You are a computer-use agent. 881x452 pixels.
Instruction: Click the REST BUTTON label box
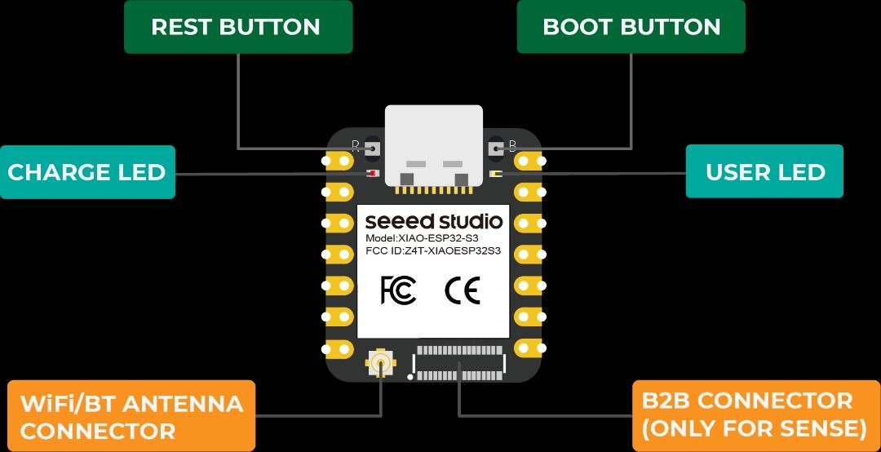tap(237, 27)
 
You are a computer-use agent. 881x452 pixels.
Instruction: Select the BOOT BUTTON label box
tap(631, 27)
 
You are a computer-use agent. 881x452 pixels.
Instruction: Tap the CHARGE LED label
tap(86, 172)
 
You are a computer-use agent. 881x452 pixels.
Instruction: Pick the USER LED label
tap(764, 172)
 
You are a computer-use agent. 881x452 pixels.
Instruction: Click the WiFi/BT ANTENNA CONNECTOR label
tap(131, 416)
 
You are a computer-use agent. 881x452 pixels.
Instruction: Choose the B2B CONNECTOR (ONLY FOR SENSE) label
tap(755, 414)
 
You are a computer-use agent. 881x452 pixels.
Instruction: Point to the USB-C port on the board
tap(433, 147)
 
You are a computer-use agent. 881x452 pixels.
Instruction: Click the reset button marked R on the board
tap(374, 148)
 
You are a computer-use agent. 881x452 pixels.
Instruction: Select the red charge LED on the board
tap(372, 174)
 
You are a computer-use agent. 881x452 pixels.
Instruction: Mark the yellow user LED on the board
tap(495, 174)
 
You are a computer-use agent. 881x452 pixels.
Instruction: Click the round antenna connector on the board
tap(380, 363)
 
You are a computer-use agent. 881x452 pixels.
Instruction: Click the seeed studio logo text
tap(433, 221)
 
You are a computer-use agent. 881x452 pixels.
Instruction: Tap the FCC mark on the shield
tap(399, 290)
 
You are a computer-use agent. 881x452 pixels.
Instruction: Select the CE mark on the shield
tap(462, 290)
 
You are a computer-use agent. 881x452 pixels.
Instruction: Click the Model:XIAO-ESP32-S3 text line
tap(412, 238)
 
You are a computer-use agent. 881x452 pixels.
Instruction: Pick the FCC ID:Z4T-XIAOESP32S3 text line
tap(432, 251)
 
